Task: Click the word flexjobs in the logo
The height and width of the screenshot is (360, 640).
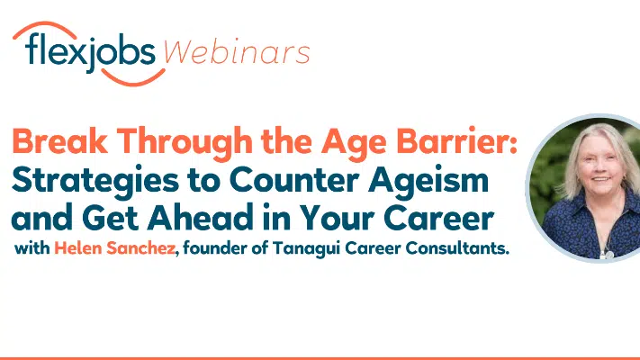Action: pos(90,52)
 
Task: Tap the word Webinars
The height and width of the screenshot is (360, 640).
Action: pos(237,52)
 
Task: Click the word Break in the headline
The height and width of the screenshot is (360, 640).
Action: pos(60,140)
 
